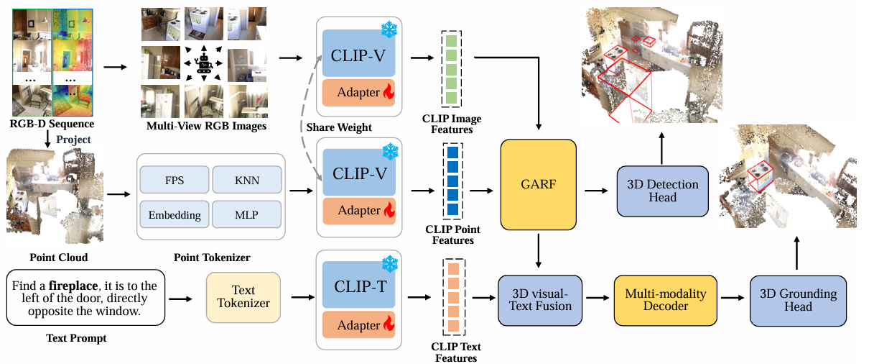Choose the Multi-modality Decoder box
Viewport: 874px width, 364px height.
pyautogui.click(x=666, y=300)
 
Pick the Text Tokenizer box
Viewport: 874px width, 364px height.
pyautogui.click(x=243, y=296)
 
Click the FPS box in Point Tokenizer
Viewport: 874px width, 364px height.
pyautogui.click(x=175, y=181)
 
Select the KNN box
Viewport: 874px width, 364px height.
pyautogui.click(x=248, y=181)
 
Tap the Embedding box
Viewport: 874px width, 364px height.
pyautogui.click(x=175, y=214)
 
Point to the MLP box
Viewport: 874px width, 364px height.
pyautogui.click(x=248, y=214)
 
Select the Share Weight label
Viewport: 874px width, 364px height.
pyautogui.click(x=339, y=127)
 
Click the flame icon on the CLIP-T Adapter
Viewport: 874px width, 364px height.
pyautogui.click(x=388, y=325)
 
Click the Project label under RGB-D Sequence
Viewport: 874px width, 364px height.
pyautogui.click(x=73, y=140)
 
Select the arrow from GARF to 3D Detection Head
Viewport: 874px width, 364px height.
pyautogui.click(x=597, y=191)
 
